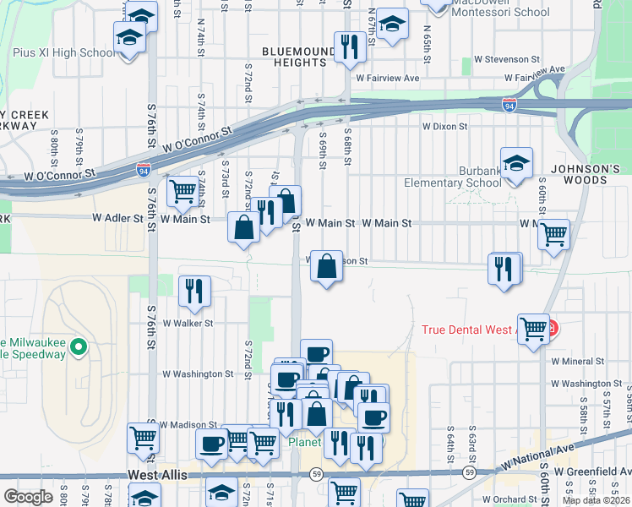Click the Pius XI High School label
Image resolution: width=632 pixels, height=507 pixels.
click(64, 52)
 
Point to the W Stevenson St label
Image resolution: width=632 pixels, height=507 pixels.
click(507, 60)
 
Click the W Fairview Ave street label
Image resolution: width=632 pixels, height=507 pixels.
click(388, 78)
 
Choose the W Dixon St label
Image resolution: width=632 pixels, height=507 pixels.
click(445, 127)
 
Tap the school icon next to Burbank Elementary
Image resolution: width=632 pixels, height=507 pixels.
click(516, 163)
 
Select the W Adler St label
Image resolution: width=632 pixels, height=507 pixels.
click(118, 218)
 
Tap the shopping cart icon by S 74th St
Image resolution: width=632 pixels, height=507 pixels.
click(183, 190)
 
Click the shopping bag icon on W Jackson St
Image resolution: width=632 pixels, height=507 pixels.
click(326, 266)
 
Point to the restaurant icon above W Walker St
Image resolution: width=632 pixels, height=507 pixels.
click(195, 291)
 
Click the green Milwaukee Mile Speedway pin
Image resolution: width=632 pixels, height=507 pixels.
click(78, 346)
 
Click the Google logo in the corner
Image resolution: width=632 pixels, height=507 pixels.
click(29, 496)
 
